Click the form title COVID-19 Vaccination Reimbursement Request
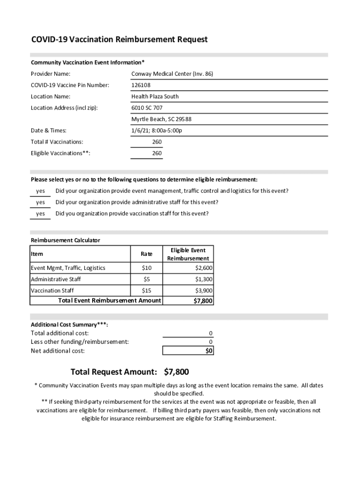119,39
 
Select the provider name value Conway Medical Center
172,74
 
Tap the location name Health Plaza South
155,96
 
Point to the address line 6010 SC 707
147,108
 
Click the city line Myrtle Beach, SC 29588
161,119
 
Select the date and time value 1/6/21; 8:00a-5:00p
157,130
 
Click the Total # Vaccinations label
57,142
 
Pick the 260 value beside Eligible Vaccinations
157,153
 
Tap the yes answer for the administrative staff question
41,202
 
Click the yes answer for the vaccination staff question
41,213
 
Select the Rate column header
146,254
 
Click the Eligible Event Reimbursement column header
188,254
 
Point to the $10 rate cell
146,268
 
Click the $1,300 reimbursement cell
204,279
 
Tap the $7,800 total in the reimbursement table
203,301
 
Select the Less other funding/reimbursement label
79,341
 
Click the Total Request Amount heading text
114,372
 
